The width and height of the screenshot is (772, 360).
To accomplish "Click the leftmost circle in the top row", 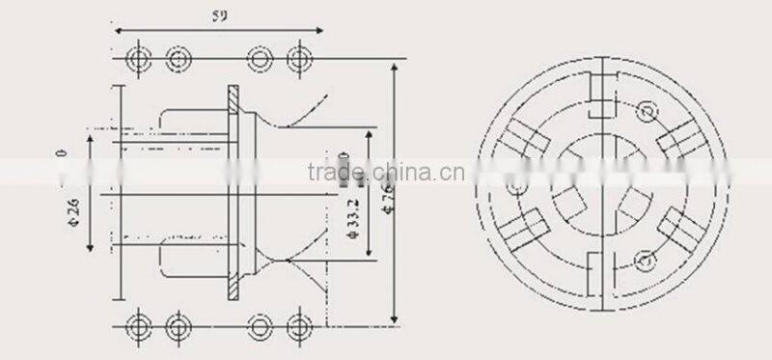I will pos(139,60).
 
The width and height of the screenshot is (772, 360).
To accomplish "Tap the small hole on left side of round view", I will pos(520,186).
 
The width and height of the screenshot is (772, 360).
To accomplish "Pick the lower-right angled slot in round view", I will pos(675,231).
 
